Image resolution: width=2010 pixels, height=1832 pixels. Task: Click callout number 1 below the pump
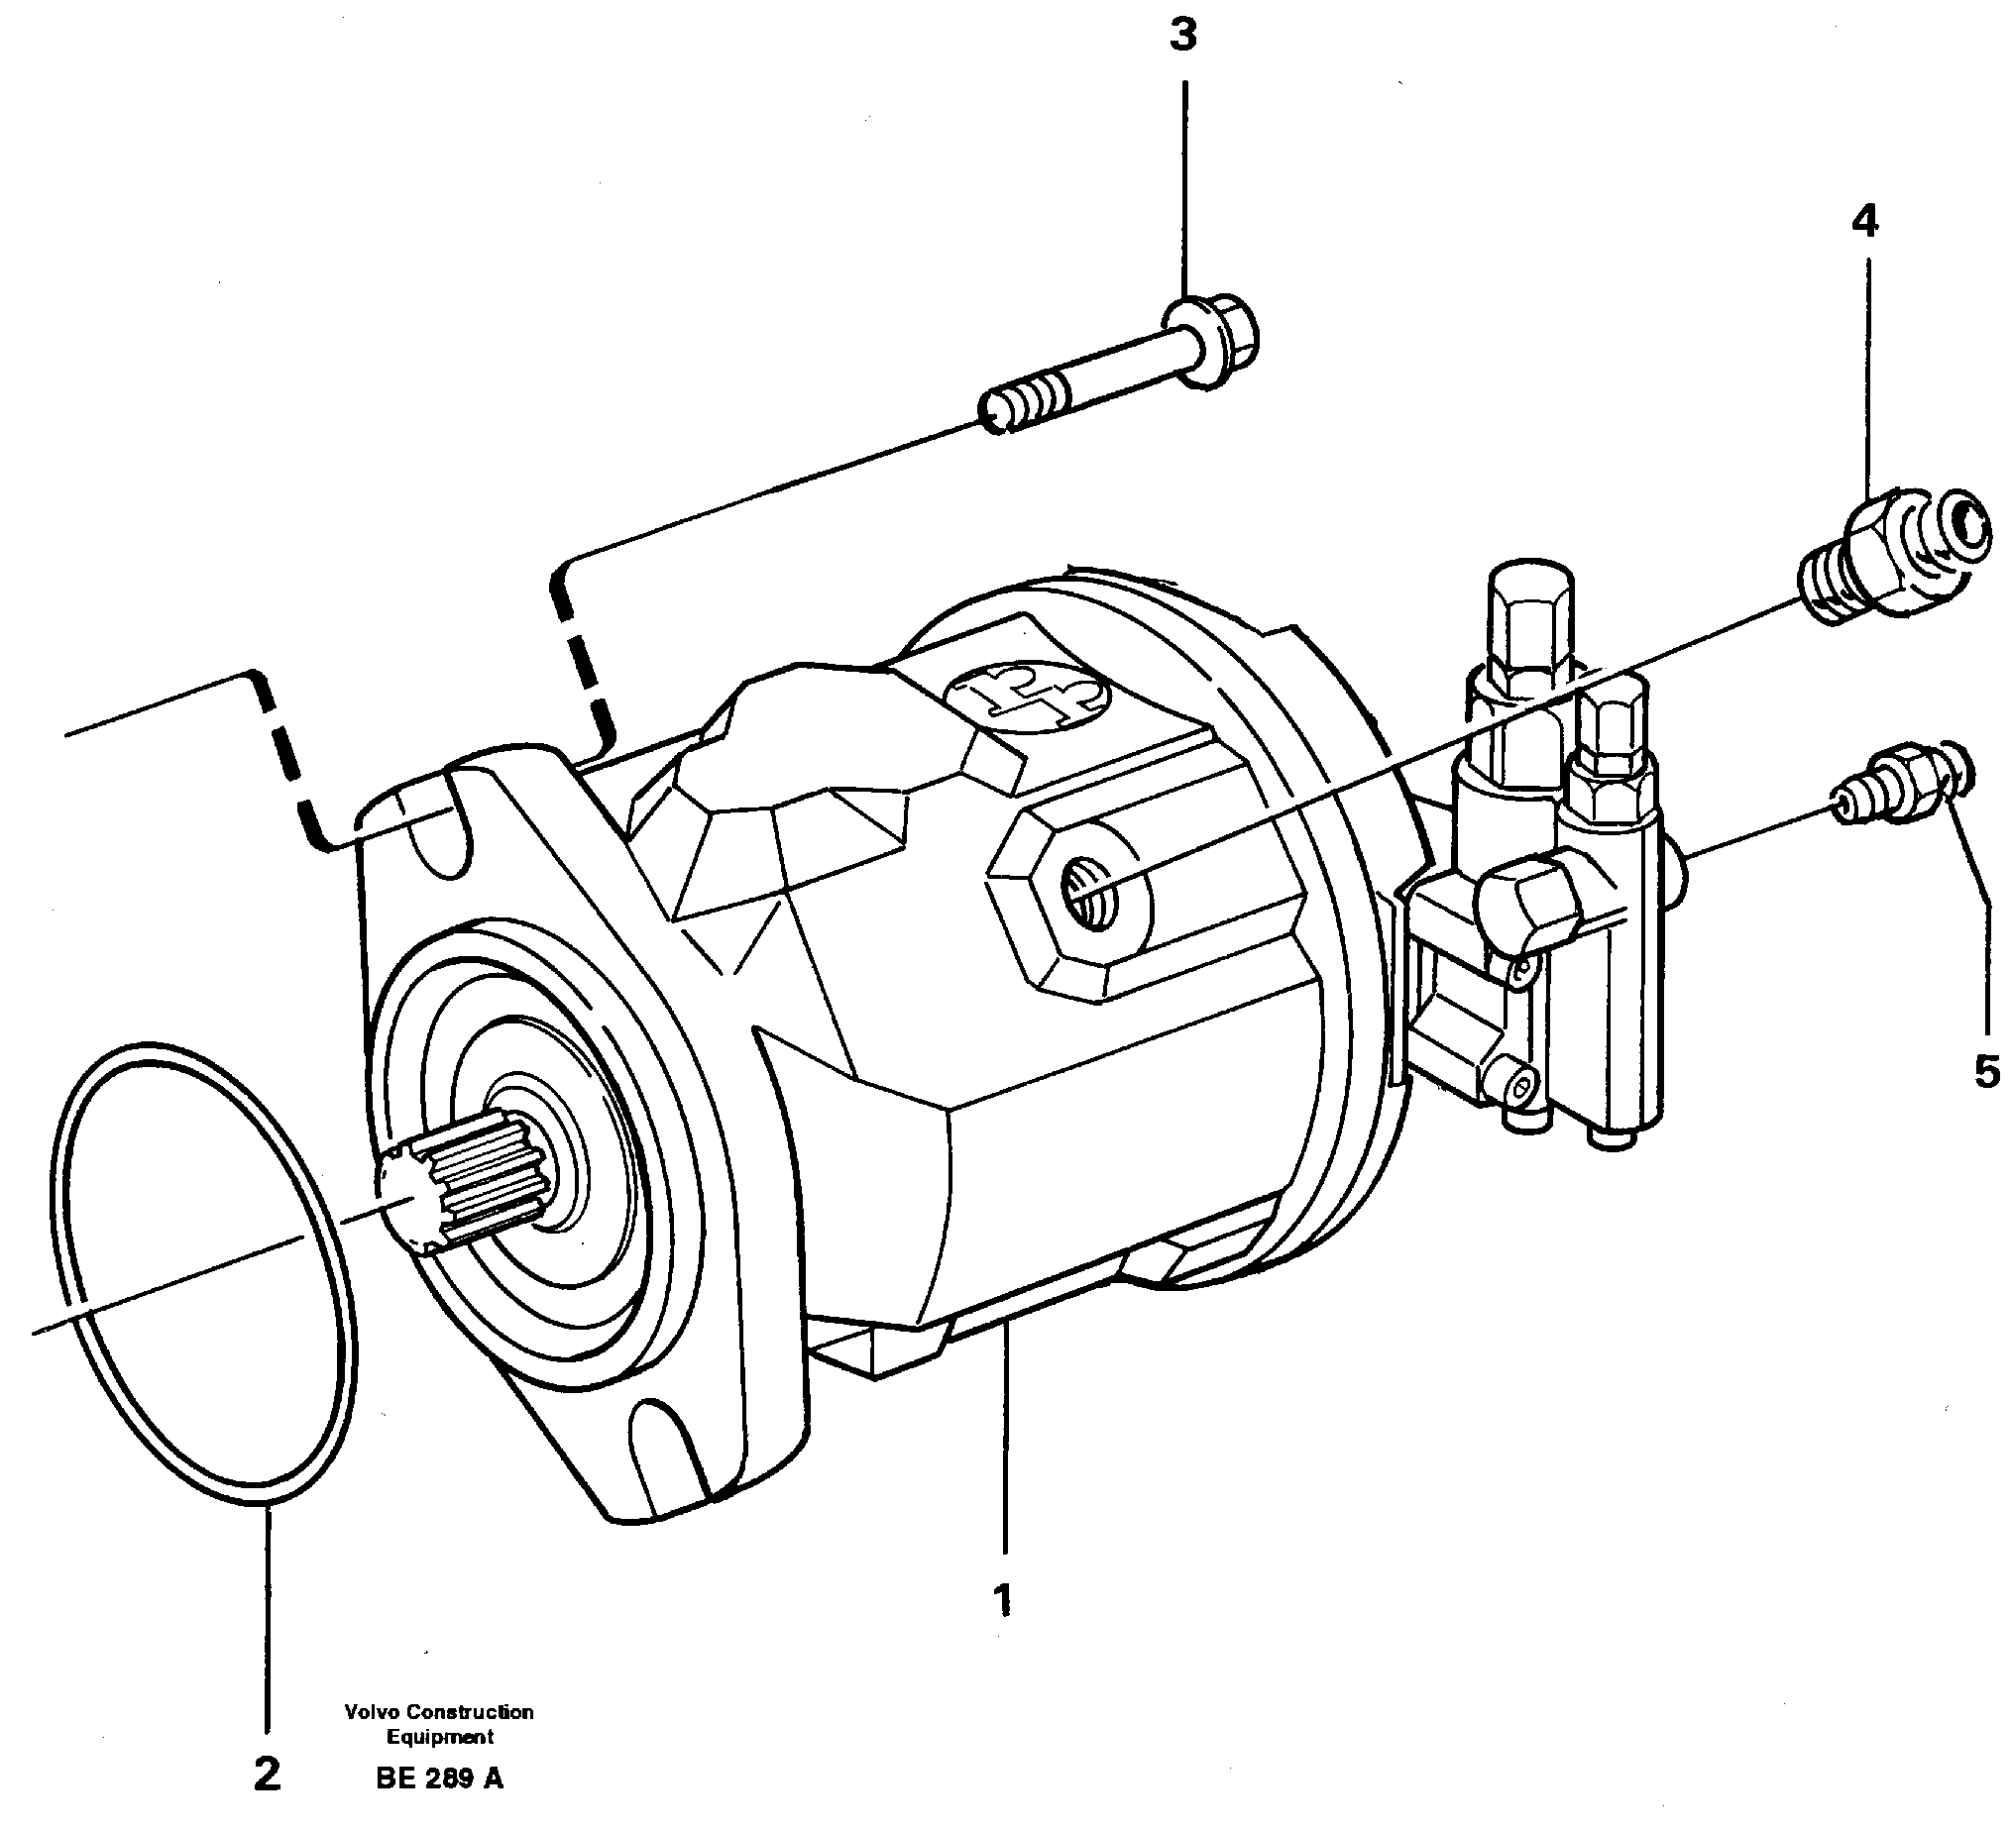click(1002, 1600)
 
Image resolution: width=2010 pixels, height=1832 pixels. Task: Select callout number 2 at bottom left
click(268, 1775)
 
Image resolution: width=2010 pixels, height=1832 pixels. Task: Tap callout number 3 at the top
click(1182, 37)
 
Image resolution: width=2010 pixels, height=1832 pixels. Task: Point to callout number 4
click(1864, 221)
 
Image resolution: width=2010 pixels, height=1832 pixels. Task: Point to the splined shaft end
click(469, 1186)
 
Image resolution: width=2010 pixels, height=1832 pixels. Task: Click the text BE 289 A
click(440, 1778)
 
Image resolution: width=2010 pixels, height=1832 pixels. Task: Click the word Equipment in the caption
click(440, 1736)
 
